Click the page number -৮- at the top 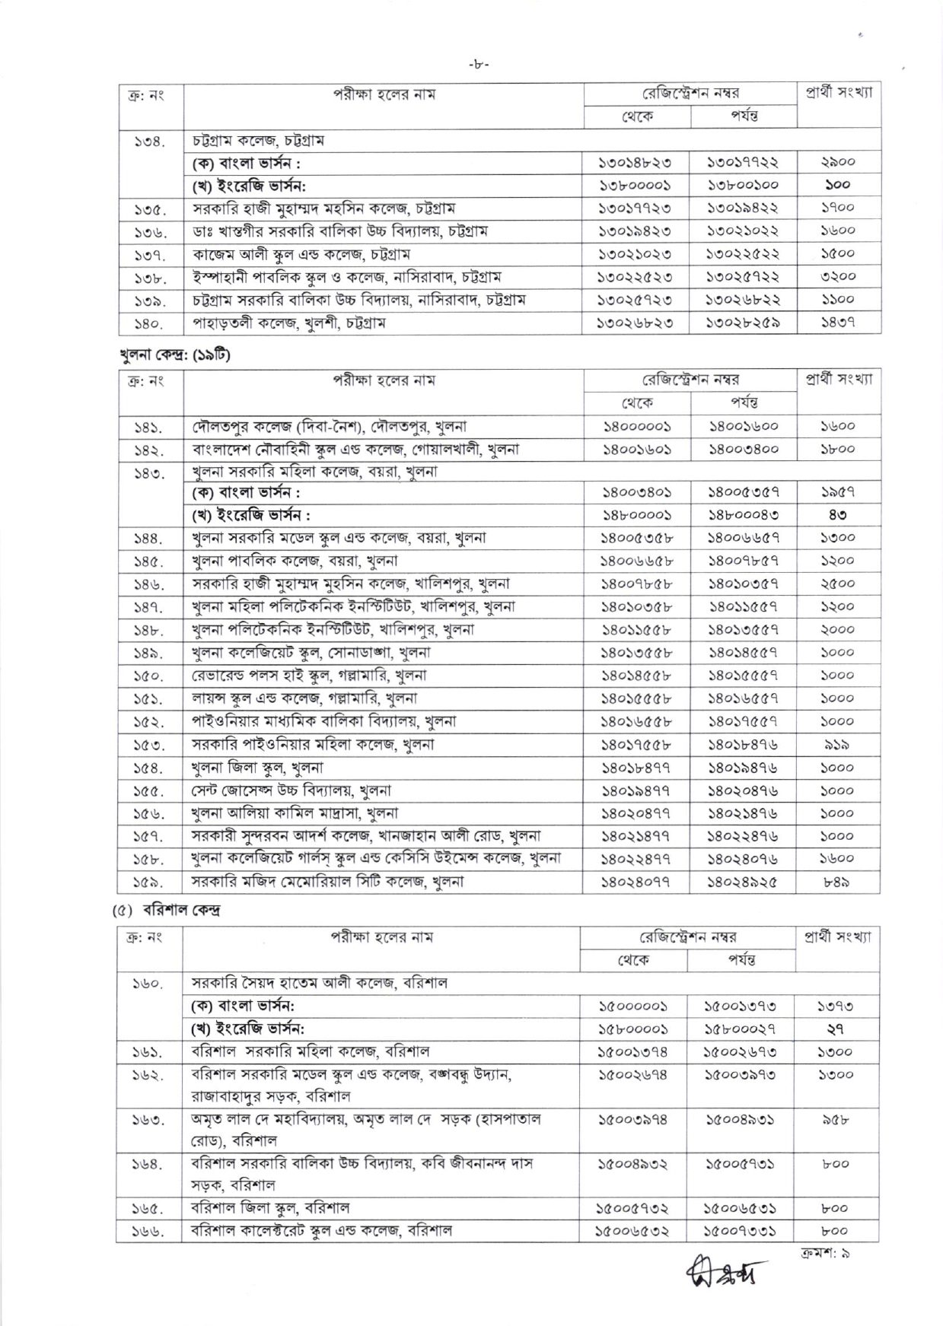[479, 65]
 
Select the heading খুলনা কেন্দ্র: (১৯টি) [175, 355]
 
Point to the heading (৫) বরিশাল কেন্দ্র [165, 911]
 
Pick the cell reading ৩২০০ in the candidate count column [838, 277]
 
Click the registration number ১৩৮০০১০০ [743, 185]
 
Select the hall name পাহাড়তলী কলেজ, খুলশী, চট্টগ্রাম [288, 323]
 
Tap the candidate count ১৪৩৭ [838, 323]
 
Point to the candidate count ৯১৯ [838, 745]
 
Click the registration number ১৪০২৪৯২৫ [743, 882]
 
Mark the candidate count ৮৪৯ [838, 882]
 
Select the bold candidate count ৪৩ [838, 515]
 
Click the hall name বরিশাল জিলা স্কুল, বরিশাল [270, 1207]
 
